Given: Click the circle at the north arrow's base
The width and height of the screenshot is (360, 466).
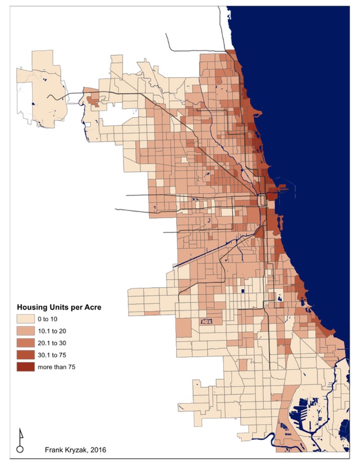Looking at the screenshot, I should pyautogui.click(x=20, y=449).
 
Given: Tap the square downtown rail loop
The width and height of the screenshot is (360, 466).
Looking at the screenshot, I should pyautogui.click(x=262, y=200).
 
